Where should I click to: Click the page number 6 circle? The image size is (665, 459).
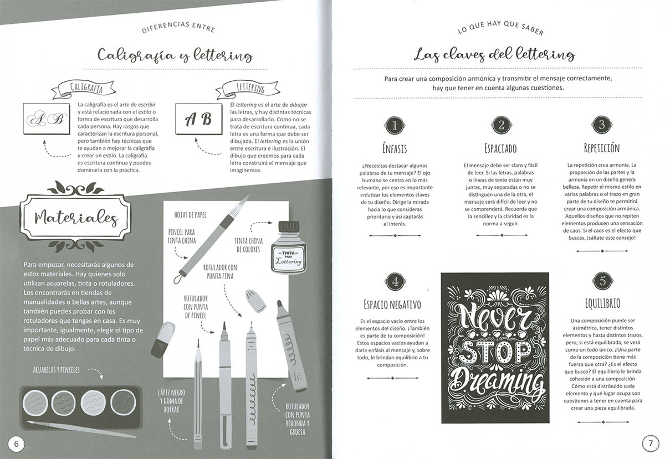tap(16, 444)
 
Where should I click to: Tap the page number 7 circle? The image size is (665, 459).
tap(650, 443)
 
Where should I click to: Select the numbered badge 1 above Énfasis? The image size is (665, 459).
tap(395, 125)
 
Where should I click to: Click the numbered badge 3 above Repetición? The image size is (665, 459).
tap(601, 125)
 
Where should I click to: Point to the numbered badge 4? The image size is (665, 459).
tap(395, 282)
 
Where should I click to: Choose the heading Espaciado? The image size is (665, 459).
tap(500, 148)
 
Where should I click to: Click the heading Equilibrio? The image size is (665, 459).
tap(602, 303)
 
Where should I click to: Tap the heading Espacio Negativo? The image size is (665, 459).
tap(392, 305)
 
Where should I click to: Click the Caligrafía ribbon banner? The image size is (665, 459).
tap(84, 89)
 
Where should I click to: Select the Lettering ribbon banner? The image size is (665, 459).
tap(248, 89)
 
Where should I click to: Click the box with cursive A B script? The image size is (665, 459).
tap(47, 118)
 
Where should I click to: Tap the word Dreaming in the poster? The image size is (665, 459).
tap(496, 384)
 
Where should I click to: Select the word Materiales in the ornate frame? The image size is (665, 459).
tap(76, 218)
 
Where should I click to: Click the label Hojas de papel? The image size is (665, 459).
tap(190, 215)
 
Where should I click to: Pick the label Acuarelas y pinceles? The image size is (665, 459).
tap(57, 370)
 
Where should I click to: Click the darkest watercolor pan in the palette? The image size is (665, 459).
tap(123, 403)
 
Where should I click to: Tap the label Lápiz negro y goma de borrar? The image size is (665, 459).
tap(172, 401)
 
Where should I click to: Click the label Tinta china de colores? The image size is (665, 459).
tap(248, 245)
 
